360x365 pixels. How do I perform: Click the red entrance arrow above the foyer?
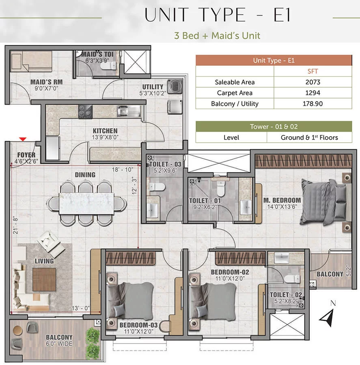pos(23,139)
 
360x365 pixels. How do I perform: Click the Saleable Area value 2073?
pos(313,82)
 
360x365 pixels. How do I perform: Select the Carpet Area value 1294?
pos(313,92)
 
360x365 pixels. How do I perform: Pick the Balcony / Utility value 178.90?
pos(313,103)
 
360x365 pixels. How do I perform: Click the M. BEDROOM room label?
pos(282,200)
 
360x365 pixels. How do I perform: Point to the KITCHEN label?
pos(105,131)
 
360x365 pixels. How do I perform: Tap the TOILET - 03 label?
pos(165,164)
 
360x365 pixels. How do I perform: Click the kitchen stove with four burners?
pos(85,112)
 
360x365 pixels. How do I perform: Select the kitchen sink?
pos(129,111)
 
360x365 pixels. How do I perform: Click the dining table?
pos(86,203)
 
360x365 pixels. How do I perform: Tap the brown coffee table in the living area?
pos(44,279)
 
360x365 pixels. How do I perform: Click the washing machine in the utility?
pos(175,87)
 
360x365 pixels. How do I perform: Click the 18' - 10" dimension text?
pos(123,170)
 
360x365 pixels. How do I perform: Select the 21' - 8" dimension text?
pos(15,225)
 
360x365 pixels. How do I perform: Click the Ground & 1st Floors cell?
pos(309,137)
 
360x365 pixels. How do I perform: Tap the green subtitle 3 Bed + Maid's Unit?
pos(217,36)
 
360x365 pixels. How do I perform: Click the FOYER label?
pos(26,155)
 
